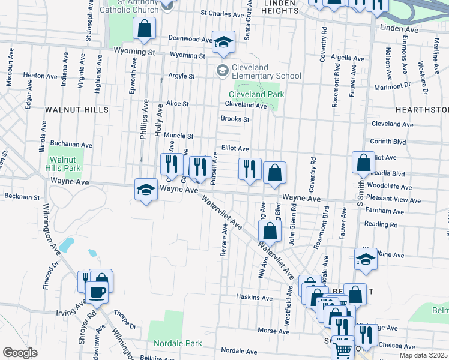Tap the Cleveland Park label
pos(256,94)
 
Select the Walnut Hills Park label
pos(64,164)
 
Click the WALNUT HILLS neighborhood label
pos(76,110)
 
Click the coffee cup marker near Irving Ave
pos(97,293)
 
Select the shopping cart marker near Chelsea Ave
pos(343,349)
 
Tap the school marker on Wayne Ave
pos(145,190)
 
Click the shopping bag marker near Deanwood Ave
pos(145,28)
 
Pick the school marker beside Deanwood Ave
pos(223,41)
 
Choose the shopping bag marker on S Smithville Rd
pos(364,162)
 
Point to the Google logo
pos(20,353)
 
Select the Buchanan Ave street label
pos(71,145)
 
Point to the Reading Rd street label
pos(385,224)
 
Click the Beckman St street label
pos(22,196)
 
